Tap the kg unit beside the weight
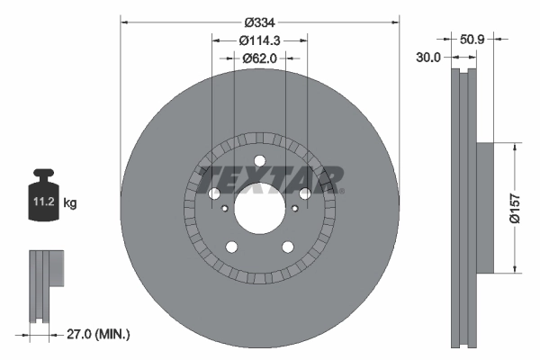coord(72,203)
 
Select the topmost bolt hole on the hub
coord(259,161)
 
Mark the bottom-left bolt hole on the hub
coord(231,247)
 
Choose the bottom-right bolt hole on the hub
coord(287,247)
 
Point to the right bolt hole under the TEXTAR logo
coord(304,194)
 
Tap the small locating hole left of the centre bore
coord(223,208)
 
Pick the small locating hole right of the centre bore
coord(295,208)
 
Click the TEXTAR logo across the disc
coord(270,178)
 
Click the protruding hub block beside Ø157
coord(483,207)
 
